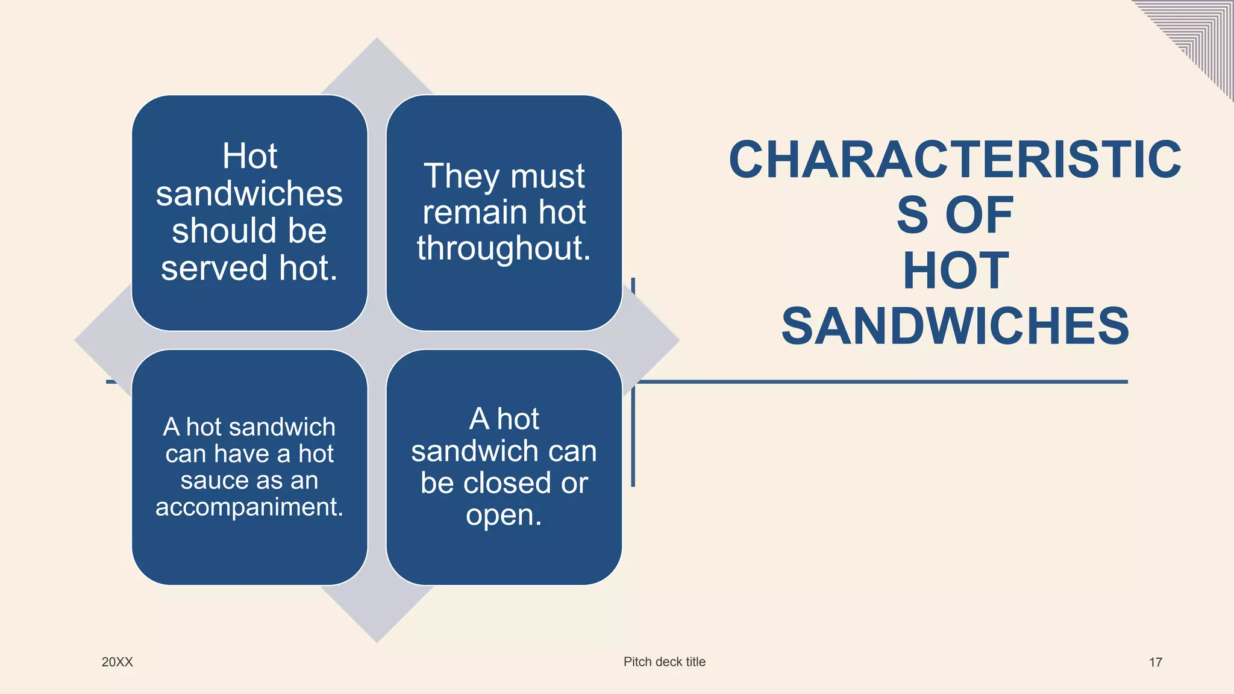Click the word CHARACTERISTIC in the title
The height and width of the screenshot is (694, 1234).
tap(955, 160)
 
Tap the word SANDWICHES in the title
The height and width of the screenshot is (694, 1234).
tap(955, 326)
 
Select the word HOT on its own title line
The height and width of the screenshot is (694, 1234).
tap(956, 270)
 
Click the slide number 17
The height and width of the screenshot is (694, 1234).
tap(1155, 663)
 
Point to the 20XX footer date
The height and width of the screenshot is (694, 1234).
tap(117, 662)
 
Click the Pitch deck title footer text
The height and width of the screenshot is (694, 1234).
tap(664, 661)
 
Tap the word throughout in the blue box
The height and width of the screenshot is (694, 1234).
tap(503, 248)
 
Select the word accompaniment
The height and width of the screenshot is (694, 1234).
tap(249, 507)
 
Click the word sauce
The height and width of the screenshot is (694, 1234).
tap(215, 480)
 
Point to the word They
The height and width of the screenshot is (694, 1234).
tap(462, 176)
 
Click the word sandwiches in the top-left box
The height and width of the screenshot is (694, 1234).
tap(249, 193)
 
